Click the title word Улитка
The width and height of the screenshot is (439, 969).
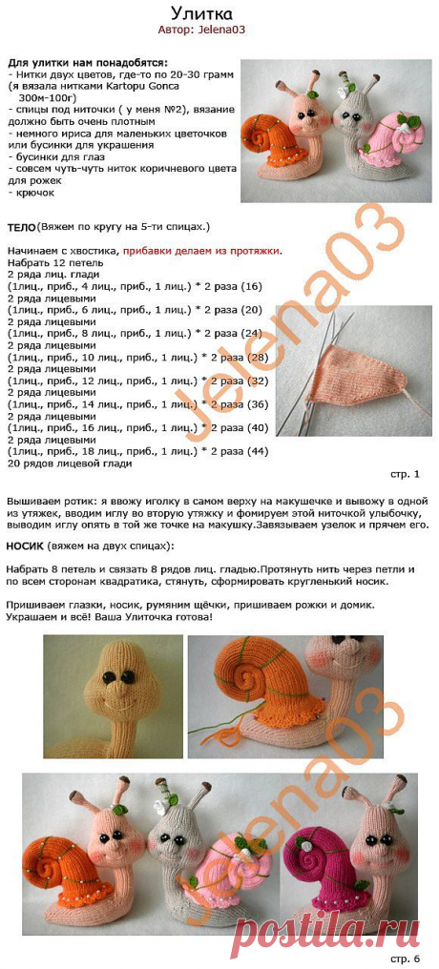(x=219, y=13)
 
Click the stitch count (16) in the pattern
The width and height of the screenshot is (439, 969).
(x=252, y=286)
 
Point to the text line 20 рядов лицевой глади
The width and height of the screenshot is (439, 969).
(x=69, y=464)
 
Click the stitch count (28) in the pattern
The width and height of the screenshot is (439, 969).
(x=258, y=357)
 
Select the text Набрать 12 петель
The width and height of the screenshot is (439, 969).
(x=53, y=262)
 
